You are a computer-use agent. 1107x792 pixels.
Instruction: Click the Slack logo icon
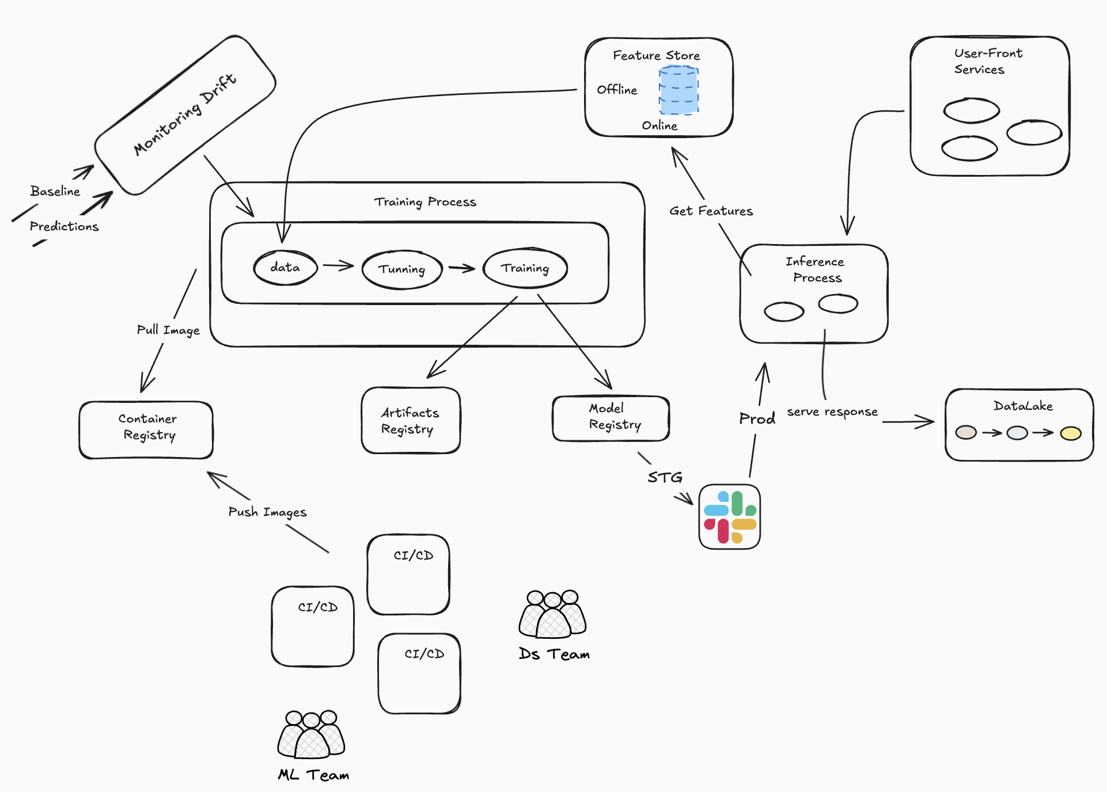pyautogui.click(x=729, y=516)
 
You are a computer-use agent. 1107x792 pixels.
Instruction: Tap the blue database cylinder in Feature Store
pyautogui.click(x=678, y=90)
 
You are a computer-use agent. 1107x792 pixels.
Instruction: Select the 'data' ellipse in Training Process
pyautogui.click(x=285, y=268)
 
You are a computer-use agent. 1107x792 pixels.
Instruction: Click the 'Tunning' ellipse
pyautogui.click(x=402, y=269)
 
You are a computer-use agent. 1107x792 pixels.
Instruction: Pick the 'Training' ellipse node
pyautogui.click(x=525, y=268)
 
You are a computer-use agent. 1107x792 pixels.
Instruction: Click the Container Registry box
pyautogui.click(x=146, y=429)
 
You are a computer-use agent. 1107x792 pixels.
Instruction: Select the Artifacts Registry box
pyautogui.click(x=411, y=420)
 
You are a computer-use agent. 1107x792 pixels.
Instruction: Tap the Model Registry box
pyautogui.click(x=611, y=418)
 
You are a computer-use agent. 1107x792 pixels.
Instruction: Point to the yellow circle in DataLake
pyautogui.click(x=1070, y=433)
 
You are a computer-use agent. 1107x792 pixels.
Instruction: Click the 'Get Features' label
pyautogui.click(x=711, y=211)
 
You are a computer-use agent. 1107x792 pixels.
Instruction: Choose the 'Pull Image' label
pyautogui.click(x=168, y=330)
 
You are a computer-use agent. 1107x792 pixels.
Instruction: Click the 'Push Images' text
pyautogui.click(x=267, y=512)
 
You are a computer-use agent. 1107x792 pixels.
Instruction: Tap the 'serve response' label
pyautogui.click(x=832, y=412)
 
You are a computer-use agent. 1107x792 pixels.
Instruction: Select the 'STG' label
pyautogui.click(x=665, y=477)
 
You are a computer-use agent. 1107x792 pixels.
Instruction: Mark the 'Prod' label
pyautogui.click(x=757, y=418)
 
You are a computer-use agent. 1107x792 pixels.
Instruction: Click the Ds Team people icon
pyautogui.click(x=552, y=614)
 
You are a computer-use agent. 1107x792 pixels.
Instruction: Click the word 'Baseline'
pyautogui.click(x=55, y=191)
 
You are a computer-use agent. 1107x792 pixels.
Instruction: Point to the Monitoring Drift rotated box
pyautogui.click(x=185, y=115)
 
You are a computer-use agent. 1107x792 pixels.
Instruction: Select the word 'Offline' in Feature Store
pyautogui.click(x=617, y=90)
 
